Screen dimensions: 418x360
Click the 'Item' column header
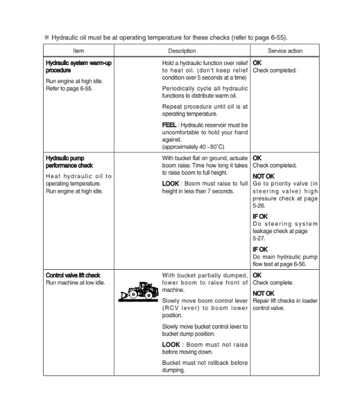[x=78, y=50]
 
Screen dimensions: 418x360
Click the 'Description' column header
[x=182, y=50]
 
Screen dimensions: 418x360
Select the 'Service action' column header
[x=284, y=50]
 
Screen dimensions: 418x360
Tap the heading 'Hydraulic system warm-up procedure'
[x=78, y=67]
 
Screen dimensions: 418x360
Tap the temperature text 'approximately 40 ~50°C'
[x=194, y=146]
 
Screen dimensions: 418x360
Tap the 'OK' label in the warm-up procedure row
[x=257, y=63]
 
